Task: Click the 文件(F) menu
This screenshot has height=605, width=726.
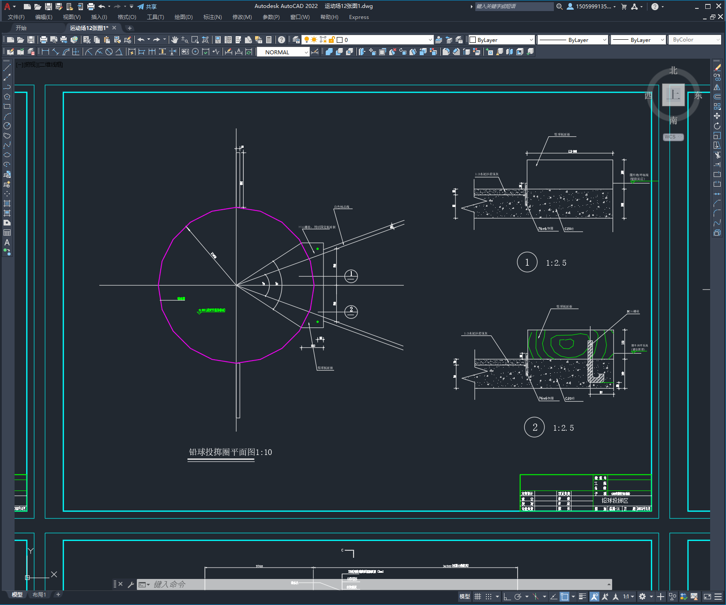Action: pyautogui.click(x=16, y=17)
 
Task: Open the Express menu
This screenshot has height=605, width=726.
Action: pyautogui.click(x=358, y=17)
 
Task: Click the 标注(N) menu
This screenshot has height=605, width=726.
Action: pyautogui.click(x=212, y=17)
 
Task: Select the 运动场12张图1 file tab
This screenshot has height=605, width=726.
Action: pyautogui.click(x=89, y=28)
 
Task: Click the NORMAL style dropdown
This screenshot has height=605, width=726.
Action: pyautogui.click(x=283, y=52)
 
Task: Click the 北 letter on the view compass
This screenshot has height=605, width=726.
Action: pyautogui.click(x=673, y=71)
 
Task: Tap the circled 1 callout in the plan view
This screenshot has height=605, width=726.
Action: pyautogui.click(x=351, y=276)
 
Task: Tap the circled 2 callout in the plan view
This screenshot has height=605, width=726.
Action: pyautogui.click(x=351, y=312)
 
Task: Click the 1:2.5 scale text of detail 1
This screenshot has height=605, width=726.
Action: pyautogui.click(x=556, y=263)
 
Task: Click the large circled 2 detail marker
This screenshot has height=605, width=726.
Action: pyautogui.click(x=534, y=427)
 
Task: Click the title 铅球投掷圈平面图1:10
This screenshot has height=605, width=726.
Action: pyautogui.click(x=230, y=452)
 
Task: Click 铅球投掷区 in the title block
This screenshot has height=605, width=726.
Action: pyautogui.click(x=615, y=500)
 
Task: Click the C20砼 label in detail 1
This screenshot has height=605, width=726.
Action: pyautogui.click(x=569, y=229)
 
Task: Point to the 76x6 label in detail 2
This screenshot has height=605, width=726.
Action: pyautogui.click(x=546, y=398)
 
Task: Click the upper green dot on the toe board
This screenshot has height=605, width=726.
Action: pyautogui.click(x=317, y=249)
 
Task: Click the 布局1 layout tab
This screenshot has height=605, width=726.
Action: pyautogui.click(x=39, y=594)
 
